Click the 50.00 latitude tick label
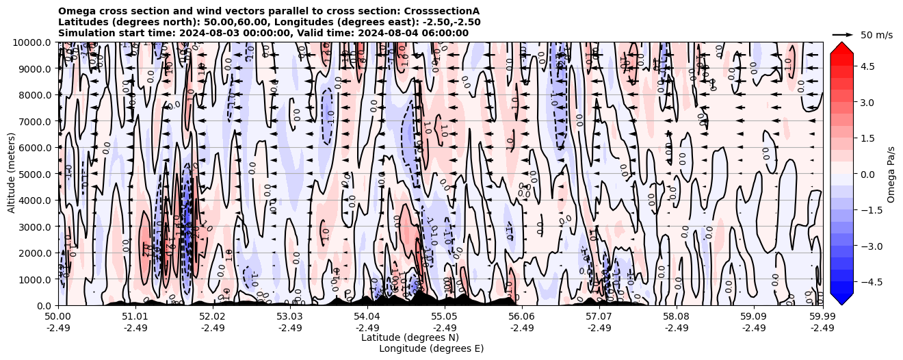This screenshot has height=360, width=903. click(x=57, y=317)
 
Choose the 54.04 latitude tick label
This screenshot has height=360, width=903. click(x=367, y=317)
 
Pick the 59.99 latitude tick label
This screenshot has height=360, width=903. click(x=822, y=317)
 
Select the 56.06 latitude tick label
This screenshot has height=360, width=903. click(x=521, y=317)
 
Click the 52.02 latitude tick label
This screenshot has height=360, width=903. click(x=212, y=317)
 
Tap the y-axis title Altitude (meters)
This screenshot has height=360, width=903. click(x=12, y=174)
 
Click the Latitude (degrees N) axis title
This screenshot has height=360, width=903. click(x=410, y=337)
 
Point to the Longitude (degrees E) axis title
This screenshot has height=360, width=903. click(x=431, y=348)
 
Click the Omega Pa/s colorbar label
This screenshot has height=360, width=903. click(x=891, y=174)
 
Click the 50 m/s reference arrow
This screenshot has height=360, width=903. click(x=843, y=34)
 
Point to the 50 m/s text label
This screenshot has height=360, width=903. click(x=876, y=35)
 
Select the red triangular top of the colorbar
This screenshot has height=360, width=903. click(x=841, y=47)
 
